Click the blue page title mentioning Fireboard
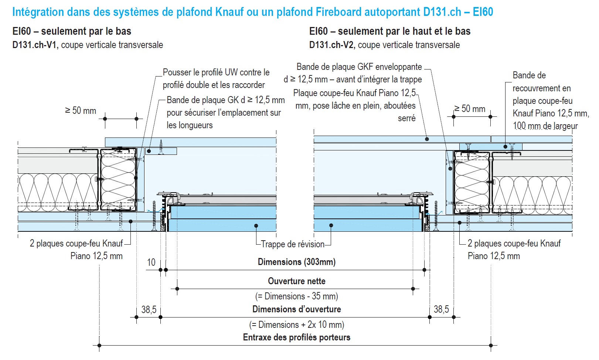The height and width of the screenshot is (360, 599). tap(252, 12)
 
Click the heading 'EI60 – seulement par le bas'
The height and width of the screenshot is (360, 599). tap(72, 31)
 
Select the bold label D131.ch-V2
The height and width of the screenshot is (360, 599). tap(332, 45)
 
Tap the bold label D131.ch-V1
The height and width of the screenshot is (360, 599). tap(35, 45)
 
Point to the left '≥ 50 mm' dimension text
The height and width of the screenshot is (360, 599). tap(81, 111)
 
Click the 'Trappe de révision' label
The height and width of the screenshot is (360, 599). tap(293, 244)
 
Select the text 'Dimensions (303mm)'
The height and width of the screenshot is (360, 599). tap(297, 262)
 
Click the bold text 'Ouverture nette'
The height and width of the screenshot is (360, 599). tap(297, 281)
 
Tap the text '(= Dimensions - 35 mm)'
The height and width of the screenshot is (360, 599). tap(297, 296)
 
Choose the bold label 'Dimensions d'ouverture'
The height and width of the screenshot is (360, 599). tap(297, 309)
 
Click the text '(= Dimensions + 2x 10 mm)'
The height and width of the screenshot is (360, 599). tap(297, 325)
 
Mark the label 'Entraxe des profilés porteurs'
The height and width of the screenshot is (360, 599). tap(297, 337)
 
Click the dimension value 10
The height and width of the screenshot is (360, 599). tap(151, 262)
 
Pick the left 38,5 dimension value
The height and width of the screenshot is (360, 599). tap(149, 310)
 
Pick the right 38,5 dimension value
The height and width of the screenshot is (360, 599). tap(441, 309)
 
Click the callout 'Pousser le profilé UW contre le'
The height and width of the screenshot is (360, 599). tap(216, 72)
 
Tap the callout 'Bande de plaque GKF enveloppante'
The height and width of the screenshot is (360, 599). tap(359, 67)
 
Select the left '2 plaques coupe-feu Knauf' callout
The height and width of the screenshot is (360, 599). tap(76, 244)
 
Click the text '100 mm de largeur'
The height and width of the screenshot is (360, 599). tap(545, 126)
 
